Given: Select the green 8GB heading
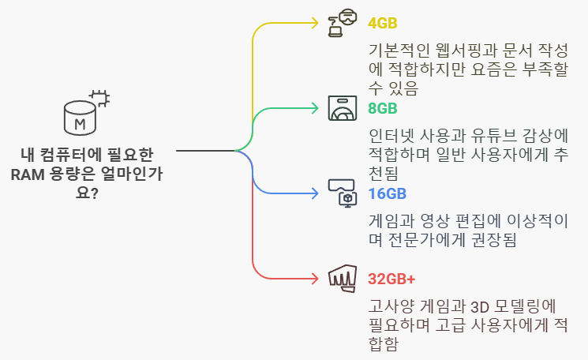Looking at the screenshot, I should tap(383, 108).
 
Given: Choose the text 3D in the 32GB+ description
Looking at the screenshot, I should tap(483, 306).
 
